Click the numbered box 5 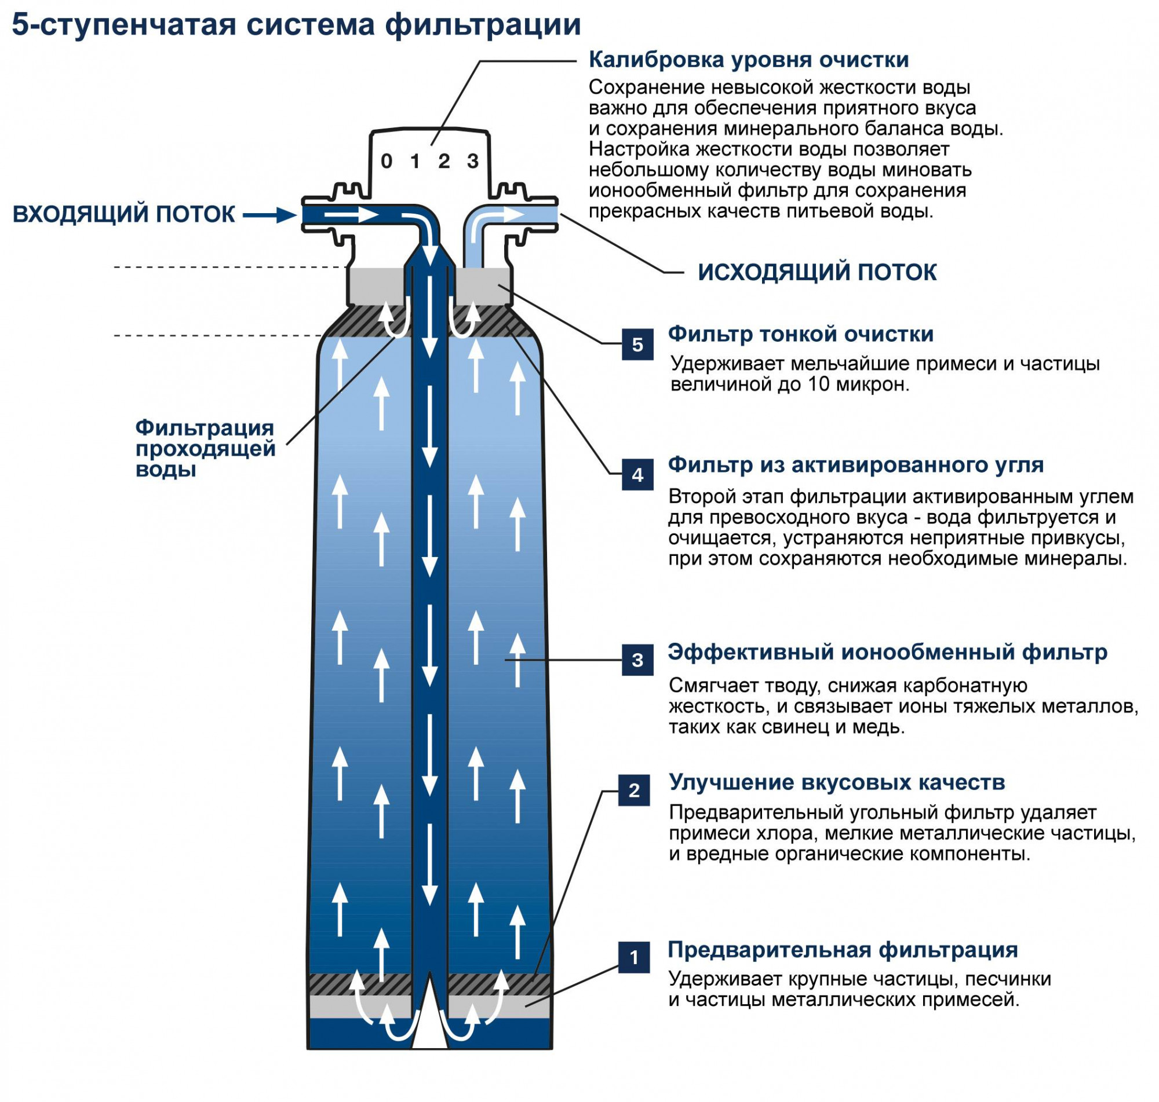click(x=637, y=344)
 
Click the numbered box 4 click(x=637, y=475)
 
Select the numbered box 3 click(x=637, y=660)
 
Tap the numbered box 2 click(x=633, y=790)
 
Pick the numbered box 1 click(x=633, y=957)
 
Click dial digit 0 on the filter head click(x=386, y=161)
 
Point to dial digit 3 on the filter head click(x=472, y=161)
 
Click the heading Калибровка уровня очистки click(x=748, y=60)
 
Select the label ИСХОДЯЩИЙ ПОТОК click(x=817, y=273)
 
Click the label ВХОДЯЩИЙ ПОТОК click(x=123, y=214)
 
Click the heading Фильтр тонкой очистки click(x=800, y=334)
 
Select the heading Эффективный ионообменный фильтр click(x=887, y=652)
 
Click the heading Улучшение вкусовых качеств click(x=836, y=782)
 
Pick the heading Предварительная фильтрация click(x=842, y=950)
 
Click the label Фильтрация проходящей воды click(x=205, y=449)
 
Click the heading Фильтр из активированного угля click(x=855, y=464)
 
